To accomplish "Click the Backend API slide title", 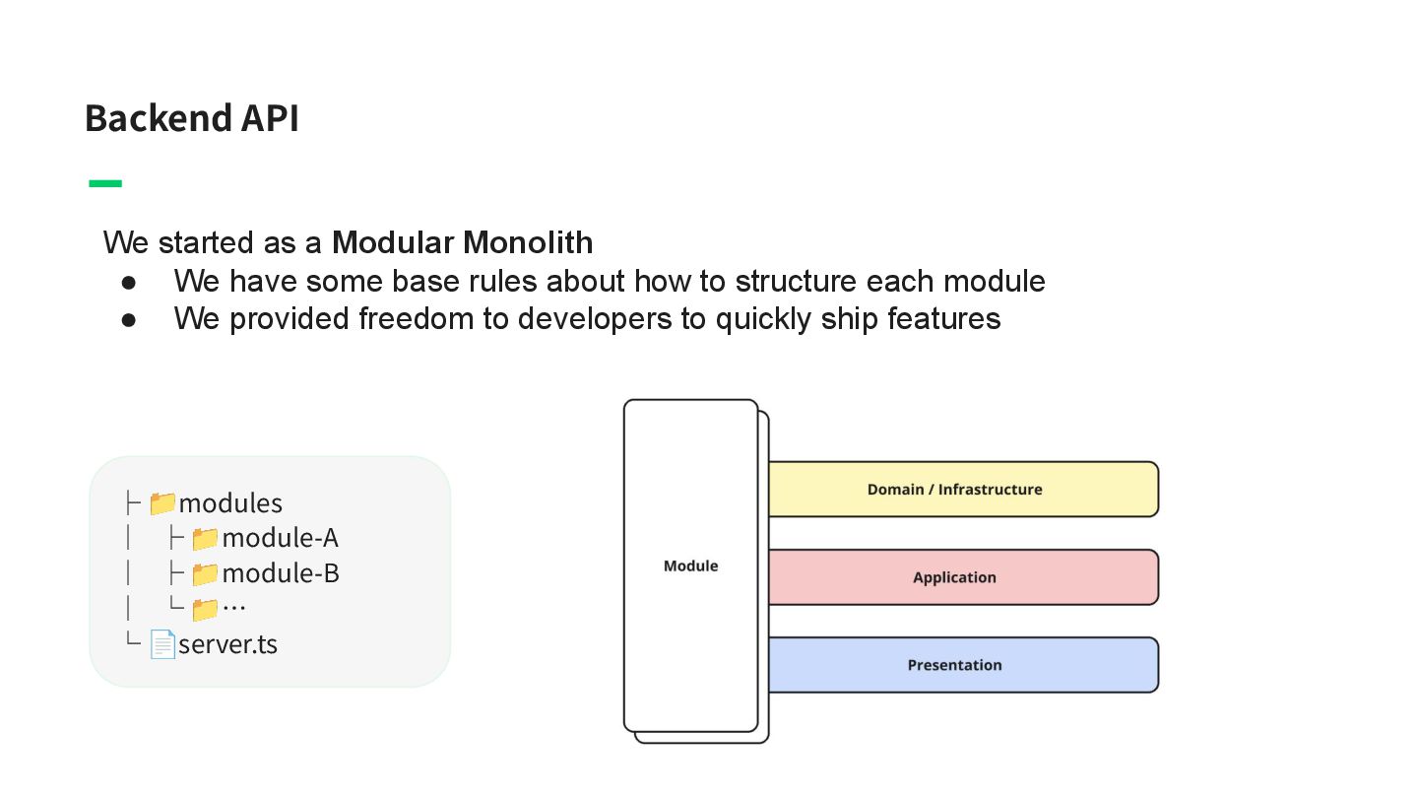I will click(x=191, y=118).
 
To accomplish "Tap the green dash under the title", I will click(x=105, y=183).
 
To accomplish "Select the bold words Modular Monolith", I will click(x=462, y=242).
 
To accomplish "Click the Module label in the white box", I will click(x=690, y=566).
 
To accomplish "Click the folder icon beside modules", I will click(x=162, y=503).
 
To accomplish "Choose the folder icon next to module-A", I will click(x=205, y=538).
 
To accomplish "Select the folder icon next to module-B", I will click(x=205, y=573).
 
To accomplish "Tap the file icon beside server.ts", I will click(x=162, y=644).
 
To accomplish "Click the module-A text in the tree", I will click(x=280, y=538).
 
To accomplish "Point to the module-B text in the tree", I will click(x=281, y=573).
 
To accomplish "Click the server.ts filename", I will click(x=227, y=644).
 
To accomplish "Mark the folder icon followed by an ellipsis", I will click(x=205, y=609).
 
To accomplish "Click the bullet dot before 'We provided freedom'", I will click(x=128, y=319).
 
